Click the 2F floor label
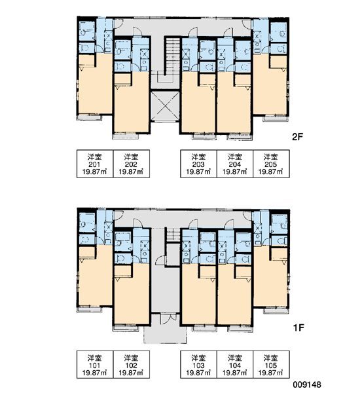click(x=297, y=137)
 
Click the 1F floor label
click(x=298, y=327)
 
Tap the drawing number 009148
click(x=307, y=384)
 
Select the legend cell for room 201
click(x=95, y=164)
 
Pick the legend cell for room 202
click(x=132, y=164)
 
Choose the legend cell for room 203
click(x=198, y=164)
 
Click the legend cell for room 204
click(x=235, y=164)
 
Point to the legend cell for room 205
click(x=272, y=164)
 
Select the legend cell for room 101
click(x=95, y=364)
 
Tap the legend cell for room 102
click(x=132, y=364)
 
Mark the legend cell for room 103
click(x=198, y=364)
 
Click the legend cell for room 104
click(x=235, y=364)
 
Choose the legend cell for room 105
click(x=272, y=364)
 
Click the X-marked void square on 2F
click(x=165, y=106)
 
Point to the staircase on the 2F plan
click(x=173, y=56)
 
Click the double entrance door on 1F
click(x=166, y=319)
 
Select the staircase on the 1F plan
click(x=173, y=235)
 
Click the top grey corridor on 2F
click(x=183, y=27)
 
